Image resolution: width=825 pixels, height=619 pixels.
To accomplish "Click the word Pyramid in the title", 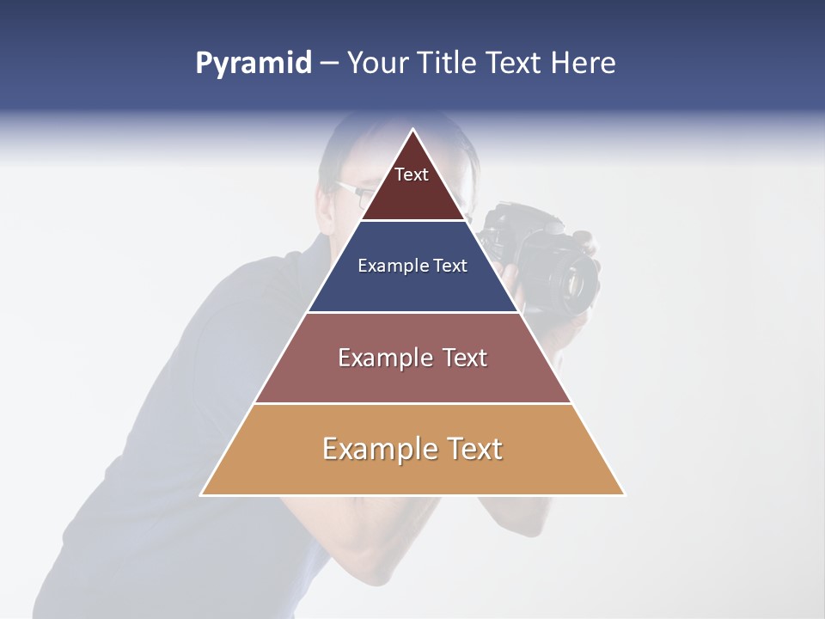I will click(x=253, y=64).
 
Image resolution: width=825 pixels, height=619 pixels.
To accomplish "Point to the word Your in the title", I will click(x=377, y=64).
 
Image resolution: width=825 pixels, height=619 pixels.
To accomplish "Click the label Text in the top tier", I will click(x=412, y=175).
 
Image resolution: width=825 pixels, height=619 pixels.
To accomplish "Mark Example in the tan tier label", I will click(x=368, y=449).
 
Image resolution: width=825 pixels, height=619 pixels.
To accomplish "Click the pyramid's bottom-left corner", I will click(x=202, y=494).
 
